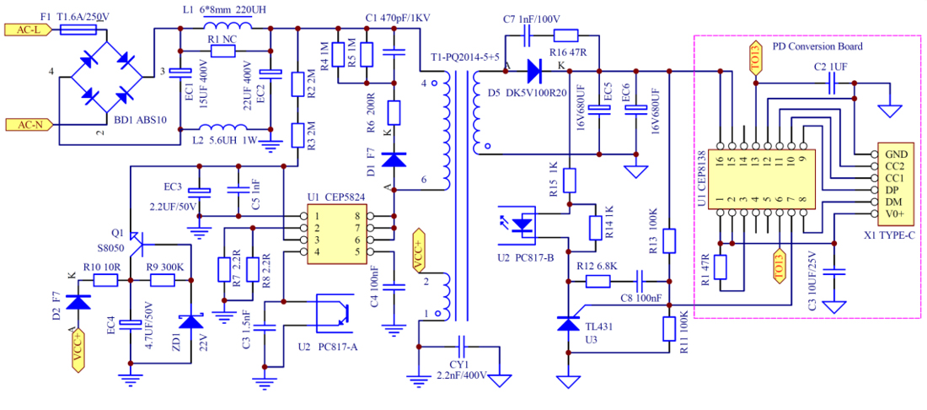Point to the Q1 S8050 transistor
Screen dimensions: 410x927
pyautogui.click(x=139, y=241)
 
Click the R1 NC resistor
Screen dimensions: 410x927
pyautogui.click(x=222, y=51)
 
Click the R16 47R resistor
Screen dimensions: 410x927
pyautogui.click(x=565, y=35)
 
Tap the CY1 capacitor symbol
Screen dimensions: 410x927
pyautogui.click(x=460, y=346)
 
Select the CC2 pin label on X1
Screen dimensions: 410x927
pyautogui.click(x=896, y=166)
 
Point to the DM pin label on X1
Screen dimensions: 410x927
pyautogui.click(x=894, y=202)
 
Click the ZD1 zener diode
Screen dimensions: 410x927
pyautogui.click(x=192, y=321)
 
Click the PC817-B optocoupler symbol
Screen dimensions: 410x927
pyautogui.click(x=524, y=223)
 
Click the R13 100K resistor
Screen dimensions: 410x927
pyautogui.click(x=669, y=241)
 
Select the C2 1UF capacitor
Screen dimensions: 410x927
pyautogui.click(x=832, y=82)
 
